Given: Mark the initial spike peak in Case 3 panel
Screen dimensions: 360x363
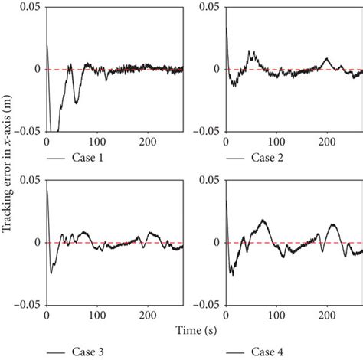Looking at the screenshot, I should tap(47, 189).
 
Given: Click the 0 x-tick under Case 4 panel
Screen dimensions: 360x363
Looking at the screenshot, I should tap(226, 315).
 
